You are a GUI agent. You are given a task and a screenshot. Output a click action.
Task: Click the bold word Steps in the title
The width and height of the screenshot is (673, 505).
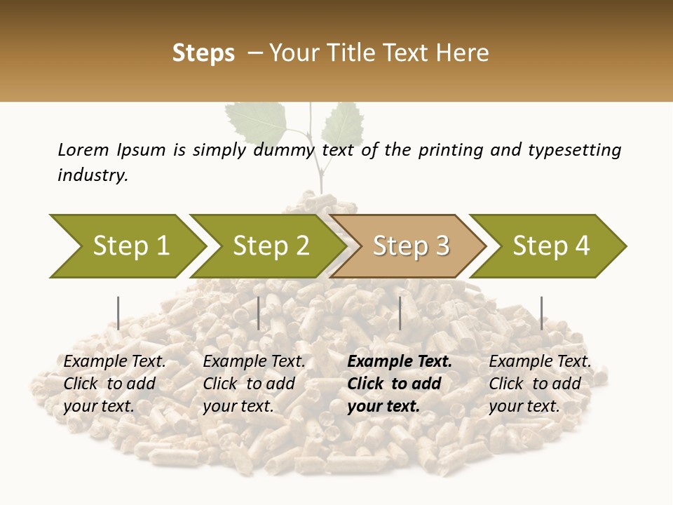(203, 53)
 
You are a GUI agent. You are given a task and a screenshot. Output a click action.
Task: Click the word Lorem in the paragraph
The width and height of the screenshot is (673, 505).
(83, 149)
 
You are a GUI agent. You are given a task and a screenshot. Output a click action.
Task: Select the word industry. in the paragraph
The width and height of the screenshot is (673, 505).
(93, 175)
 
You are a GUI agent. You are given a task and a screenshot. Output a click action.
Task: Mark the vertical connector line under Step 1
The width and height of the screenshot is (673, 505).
(118, 313)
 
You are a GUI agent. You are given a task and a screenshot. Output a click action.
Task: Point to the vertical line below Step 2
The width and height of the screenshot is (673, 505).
(259, 313)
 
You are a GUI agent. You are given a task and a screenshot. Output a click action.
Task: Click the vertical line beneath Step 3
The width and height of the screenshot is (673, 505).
(400, 313)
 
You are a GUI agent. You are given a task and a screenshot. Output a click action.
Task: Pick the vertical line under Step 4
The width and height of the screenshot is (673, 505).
(541, 313)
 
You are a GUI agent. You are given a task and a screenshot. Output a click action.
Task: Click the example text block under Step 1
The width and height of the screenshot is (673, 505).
(114, 384)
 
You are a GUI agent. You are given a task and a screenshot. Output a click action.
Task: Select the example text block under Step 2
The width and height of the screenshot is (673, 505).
(254, 384)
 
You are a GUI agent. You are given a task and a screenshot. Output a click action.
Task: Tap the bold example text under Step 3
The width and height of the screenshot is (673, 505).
(400, 384)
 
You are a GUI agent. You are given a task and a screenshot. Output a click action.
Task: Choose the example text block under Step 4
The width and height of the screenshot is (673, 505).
(540, 384)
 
